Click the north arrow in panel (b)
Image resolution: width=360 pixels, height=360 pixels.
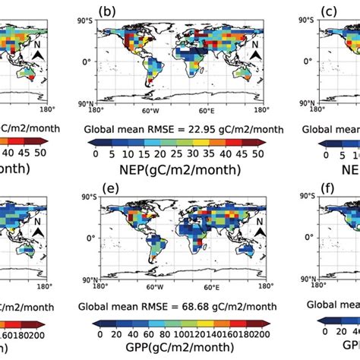coord(256,56)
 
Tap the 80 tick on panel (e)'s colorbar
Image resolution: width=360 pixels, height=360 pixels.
coord(153,334)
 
